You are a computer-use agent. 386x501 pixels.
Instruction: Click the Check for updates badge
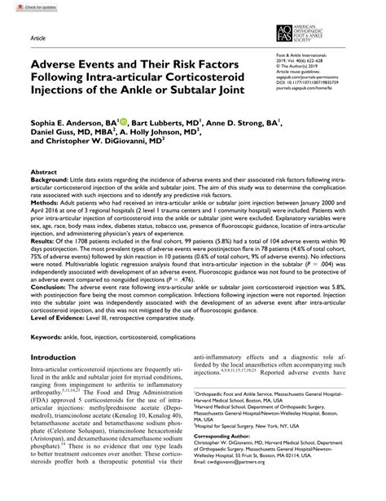click(x=25, y=7)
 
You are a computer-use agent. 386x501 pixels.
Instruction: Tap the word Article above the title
click(x=38, y=39)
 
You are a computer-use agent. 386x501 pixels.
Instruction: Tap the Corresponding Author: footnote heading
click(x=248, y=459)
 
